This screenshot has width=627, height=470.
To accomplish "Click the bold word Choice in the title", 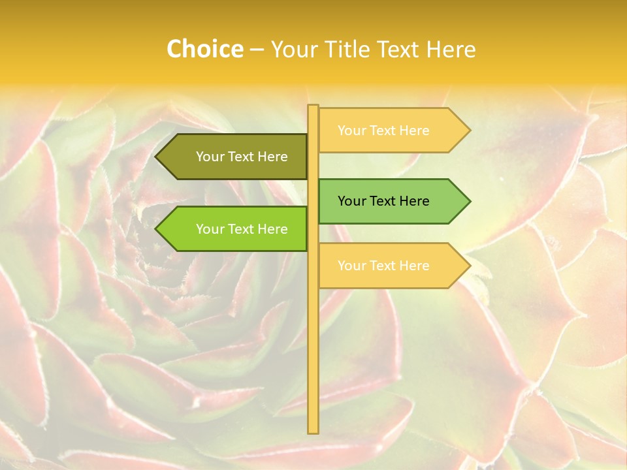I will [204, 49].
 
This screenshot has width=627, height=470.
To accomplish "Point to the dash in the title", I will [257, 50].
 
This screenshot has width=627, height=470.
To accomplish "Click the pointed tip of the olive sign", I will [157, 157].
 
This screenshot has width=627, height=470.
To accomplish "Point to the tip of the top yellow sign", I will [469, 131].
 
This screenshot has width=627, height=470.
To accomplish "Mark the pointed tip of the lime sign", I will [157, 229].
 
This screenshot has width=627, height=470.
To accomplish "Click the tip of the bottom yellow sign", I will [469, 266].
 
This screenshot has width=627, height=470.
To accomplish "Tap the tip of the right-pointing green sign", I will [469, 201].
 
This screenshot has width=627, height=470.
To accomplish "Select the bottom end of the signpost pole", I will [313, 431].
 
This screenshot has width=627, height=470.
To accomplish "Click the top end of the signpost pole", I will [313, 106].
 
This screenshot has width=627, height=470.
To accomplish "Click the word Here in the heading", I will [451, 49].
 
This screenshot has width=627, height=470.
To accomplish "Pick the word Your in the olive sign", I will [209, 157].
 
